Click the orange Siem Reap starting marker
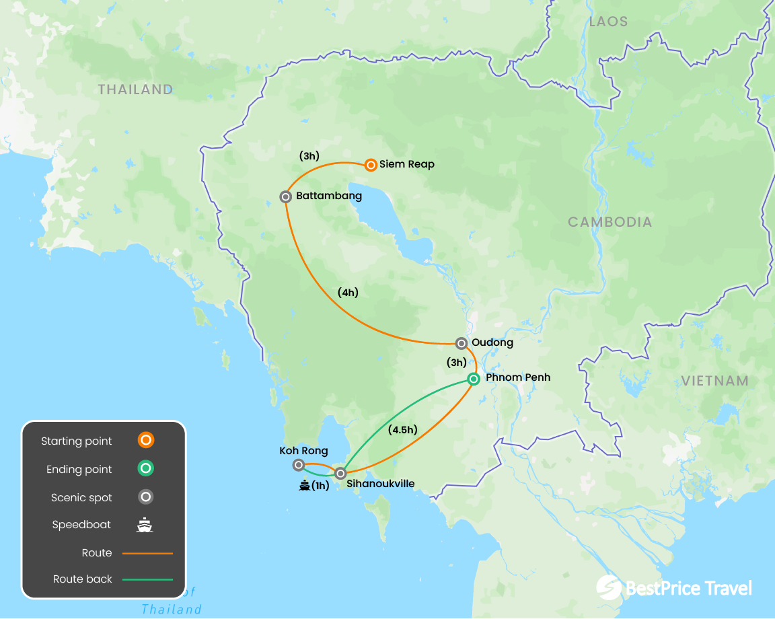click(x=371, y=165)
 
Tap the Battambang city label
click(x=329, y=196)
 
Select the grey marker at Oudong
click(x=461, y=343)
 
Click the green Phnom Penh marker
click(x=474, y=379)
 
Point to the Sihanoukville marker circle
click(x=340, y=474)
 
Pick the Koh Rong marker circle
click(x=299, y=465)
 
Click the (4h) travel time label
click(x=348, y=293)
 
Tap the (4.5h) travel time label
click(x=403, y=430)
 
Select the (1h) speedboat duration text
click(x=320, y=486)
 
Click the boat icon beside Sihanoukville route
click(x=304, y=485)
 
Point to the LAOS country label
click(x=608, y=22)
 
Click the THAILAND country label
click(x=135, y=89)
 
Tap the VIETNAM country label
click(x=714, y=381)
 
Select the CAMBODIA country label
click(x=610, y=222)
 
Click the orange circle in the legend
click(x=145, y=441)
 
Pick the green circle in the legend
click(x=145, y=469)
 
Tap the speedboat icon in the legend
click(x=145, y=525)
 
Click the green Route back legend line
click(x=147, y=579)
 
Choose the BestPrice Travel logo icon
click(x=608, y=587)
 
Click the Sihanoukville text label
click(x=380, y=484)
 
